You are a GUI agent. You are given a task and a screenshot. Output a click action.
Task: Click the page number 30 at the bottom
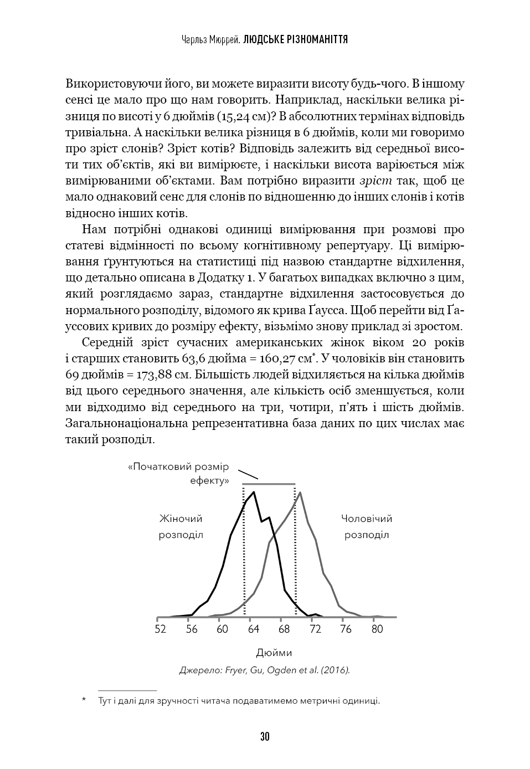point(265,736)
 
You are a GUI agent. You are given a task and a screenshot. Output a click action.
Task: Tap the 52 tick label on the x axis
point(161,629)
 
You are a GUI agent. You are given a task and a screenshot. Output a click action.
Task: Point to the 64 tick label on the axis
point(254,629)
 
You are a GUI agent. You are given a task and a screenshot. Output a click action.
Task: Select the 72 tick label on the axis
point(315,629)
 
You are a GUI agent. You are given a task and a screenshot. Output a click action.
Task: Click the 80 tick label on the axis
point(377,629)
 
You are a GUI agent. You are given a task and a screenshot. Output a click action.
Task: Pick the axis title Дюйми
point(274,653)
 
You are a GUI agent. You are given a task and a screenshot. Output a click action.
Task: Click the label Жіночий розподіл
point(181,527)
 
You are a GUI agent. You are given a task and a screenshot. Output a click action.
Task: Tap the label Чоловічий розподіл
point(367,527)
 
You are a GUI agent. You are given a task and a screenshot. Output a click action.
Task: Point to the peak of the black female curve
point(254,492)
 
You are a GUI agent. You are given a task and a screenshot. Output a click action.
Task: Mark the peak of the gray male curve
point(300,492)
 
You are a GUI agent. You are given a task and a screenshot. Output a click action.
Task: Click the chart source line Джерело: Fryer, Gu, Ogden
point(265,670)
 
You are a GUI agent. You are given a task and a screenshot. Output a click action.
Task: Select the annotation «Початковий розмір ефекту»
point(178,474)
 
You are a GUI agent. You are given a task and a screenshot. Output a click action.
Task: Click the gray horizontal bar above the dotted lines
point(269,484)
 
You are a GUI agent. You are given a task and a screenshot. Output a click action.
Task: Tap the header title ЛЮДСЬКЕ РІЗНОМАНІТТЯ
point(296,40)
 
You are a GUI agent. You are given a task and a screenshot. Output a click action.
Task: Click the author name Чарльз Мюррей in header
point(210,40)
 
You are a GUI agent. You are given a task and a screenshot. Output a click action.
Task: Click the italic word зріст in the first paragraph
point(376,181)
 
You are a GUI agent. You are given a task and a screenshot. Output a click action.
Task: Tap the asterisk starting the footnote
point(84,701)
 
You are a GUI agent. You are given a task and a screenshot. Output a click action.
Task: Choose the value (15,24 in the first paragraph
point(235,117)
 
